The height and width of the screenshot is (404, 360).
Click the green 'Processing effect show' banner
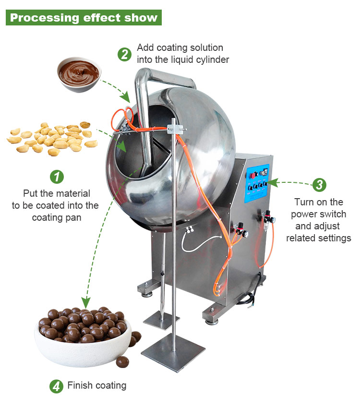[84, 18]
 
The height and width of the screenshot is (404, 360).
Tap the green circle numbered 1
[57, 177]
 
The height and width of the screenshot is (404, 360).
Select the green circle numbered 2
[124, 54]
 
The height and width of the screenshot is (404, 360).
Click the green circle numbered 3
[318, 184]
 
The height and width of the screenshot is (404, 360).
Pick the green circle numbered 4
[57, 386]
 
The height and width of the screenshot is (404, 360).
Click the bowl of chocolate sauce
[79, 73]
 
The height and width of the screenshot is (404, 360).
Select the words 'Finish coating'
[97, 385]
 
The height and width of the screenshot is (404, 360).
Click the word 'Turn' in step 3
[304, 202]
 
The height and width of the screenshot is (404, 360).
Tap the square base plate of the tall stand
[173, 352]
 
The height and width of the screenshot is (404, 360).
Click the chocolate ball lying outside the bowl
[122, 361]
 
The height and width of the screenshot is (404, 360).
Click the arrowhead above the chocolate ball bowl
[86, 302]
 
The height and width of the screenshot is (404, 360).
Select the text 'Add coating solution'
[180, 48]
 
